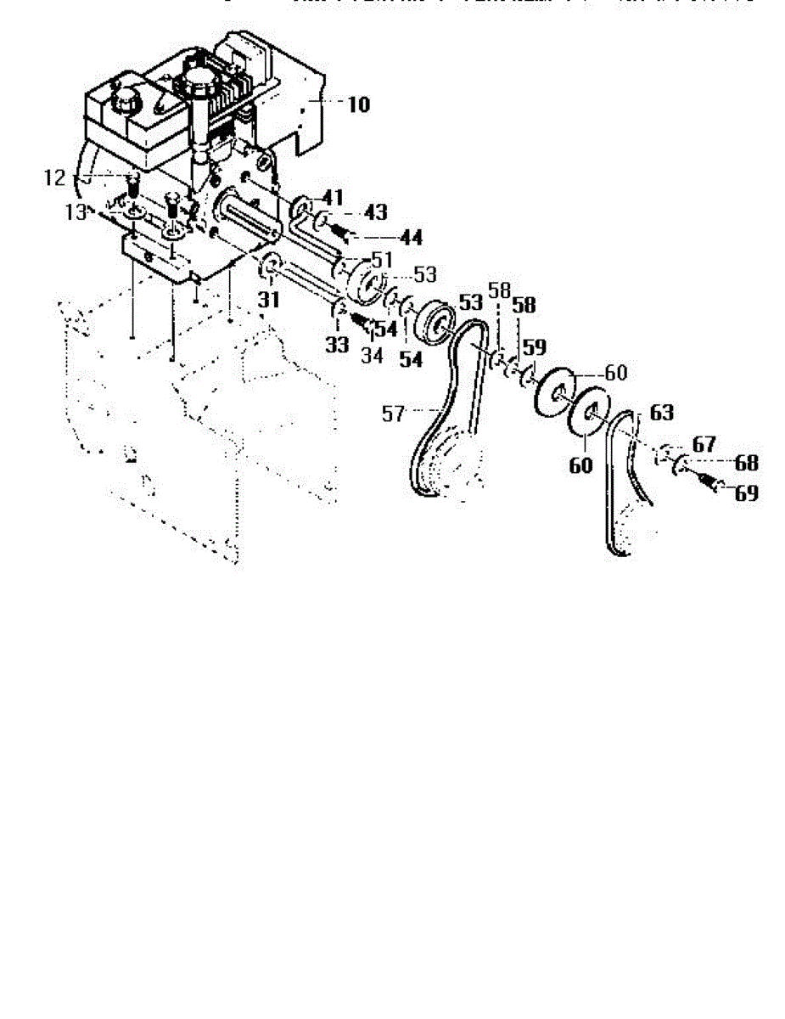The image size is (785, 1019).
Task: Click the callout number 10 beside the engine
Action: tap(358, 105)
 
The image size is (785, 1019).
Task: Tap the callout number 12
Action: tap(54, 178)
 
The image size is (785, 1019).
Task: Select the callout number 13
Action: tap(76, 212)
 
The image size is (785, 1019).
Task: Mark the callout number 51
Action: tap(382, 258)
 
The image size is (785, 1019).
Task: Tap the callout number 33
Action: tap(337, 346)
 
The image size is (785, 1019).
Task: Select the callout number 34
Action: tap(373, 356)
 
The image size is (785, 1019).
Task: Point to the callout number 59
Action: tap(534, 347)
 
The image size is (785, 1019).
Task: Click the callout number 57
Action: tap(393, 414)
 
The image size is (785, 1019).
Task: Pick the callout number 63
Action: tap(661, 414)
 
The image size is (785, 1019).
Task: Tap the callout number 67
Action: tap(704, 444)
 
